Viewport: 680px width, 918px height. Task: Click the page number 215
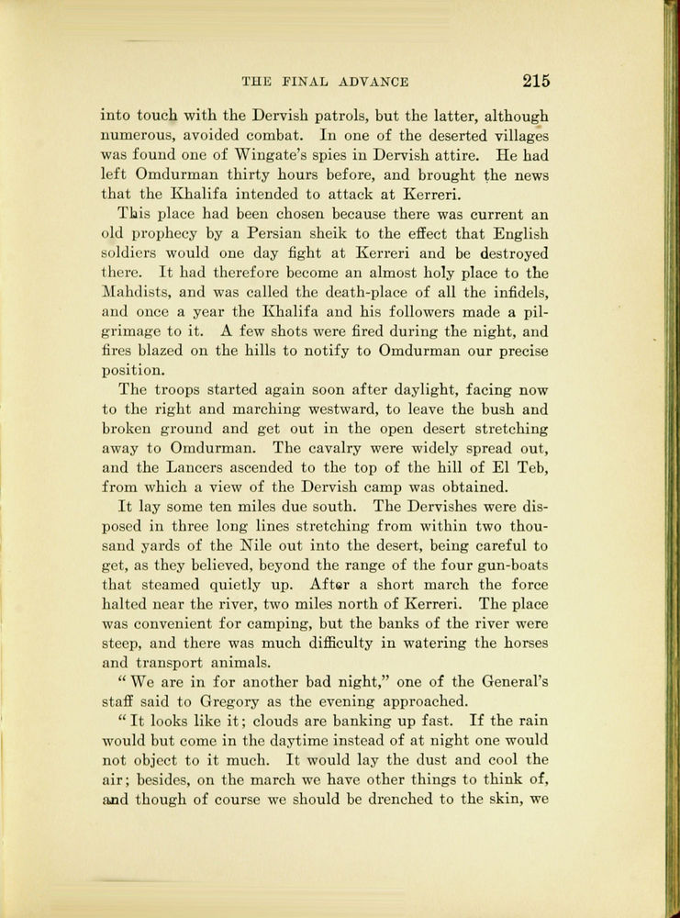pos(536,81)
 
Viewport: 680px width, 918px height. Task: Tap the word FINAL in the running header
pos(307,82)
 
